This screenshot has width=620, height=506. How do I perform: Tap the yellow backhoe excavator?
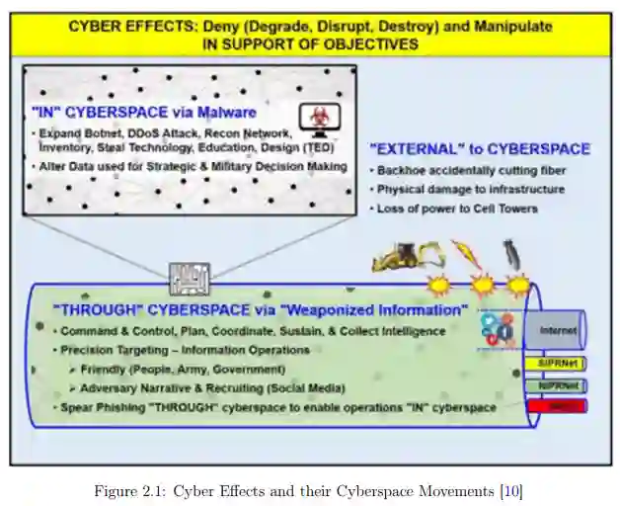406,258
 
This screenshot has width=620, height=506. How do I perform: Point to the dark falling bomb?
510,254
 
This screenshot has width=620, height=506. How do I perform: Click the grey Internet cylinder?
557,330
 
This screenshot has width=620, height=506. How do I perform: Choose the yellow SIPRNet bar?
557,364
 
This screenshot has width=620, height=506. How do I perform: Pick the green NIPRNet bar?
557,385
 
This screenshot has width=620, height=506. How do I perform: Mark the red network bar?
557,405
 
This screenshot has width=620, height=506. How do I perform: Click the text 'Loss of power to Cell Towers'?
457,209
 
